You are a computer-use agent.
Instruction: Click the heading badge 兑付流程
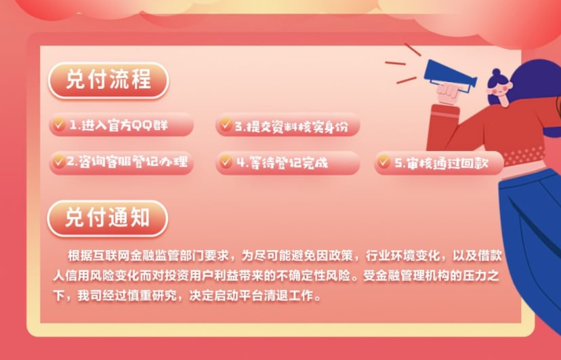tap(108, 80)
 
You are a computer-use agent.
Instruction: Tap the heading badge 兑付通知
tap(107, 218)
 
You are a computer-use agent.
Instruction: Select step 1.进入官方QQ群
tap(121, 125)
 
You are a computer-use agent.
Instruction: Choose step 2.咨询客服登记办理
tap(121, 163)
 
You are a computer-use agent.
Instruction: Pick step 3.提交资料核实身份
tap(288, 125)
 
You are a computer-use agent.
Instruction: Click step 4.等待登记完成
tap(288, 163)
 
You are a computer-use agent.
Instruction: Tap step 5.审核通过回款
tap(439, 163)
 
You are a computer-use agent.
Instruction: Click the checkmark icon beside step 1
tap(59, 124)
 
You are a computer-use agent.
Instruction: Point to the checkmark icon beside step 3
tap(226, 124)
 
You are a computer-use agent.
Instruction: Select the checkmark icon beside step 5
tap(383, 162)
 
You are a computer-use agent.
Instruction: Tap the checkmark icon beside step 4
tap(226, 162)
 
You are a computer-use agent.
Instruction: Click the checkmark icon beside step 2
tap(59, 162)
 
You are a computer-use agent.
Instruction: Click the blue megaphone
tap(449, 75)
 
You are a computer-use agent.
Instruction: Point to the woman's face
tap(501, 89)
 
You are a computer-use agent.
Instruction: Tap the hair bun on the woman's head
tap(496, 73)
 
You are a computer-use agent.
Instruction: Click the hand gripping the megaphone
tap(449, 93)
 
